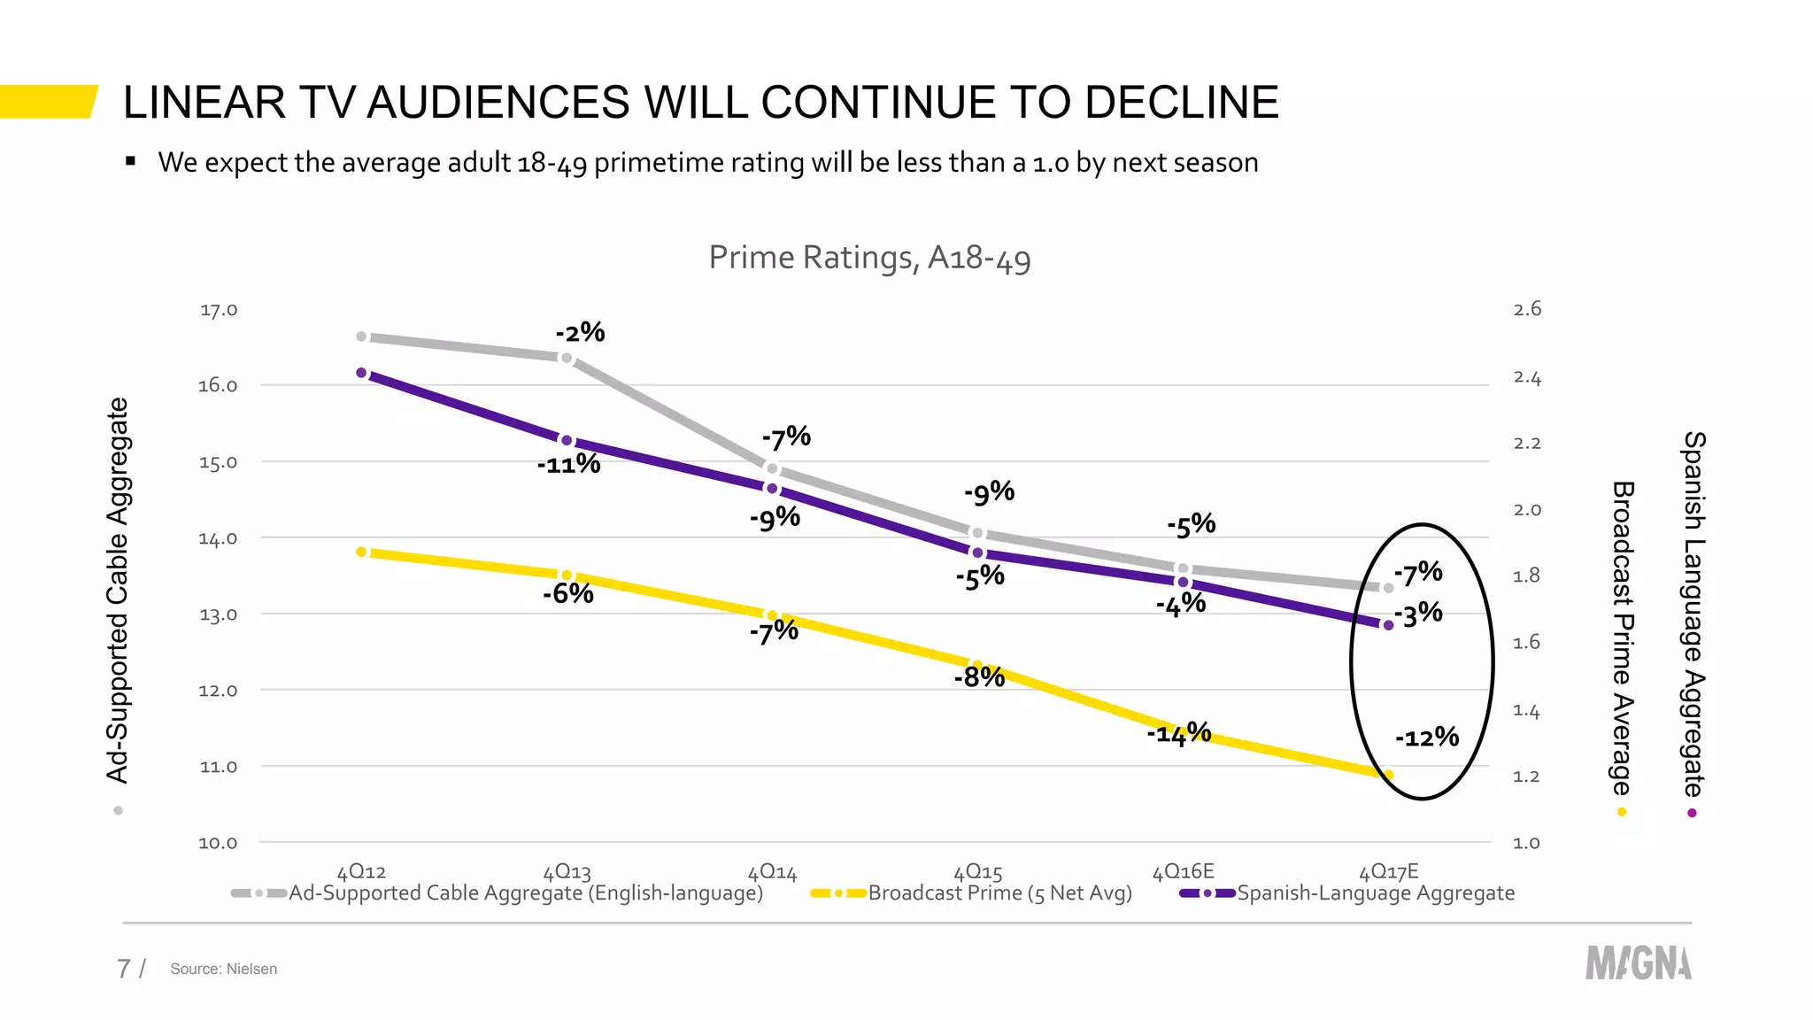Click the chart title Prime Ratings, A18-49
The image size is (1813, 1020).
click(x=869, y=258)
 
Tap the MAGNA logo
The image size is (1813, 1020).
click(x=1638, y=963)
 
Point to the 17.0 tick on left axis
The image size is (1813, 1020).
click(x=218, y=310)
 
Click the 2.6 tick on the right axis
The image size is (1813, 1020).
click(x=1527, y=309)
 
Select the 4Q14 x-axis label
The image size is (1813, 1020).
click(x=772, y=872)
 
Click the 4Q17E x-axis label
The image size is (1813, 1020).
click(x=1388, y=871)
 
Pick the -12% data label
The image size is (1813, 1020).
click(x=1426, y=737)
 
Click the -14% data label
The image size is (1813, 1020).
click(x=1178, y=733)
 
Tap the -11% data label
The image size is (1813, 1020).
click(x=568, y=464)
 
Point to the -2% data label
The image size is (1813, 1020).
click(x=580, y=333)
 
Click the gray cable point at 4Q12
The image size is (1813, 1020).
click(x=361, y=336)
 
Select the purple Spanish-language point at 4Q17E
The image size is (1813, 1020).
click(x=1388, y=625)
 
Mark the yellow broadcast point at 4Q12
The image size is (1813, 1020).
click(x=361, y=552)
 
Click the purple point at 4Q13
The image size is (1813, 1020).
click(x=567, y=440)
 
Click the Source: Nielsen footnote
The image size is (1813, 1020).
click(x=223, y=969)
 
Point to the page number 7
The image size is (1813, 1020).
click(x=124, y=969)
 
